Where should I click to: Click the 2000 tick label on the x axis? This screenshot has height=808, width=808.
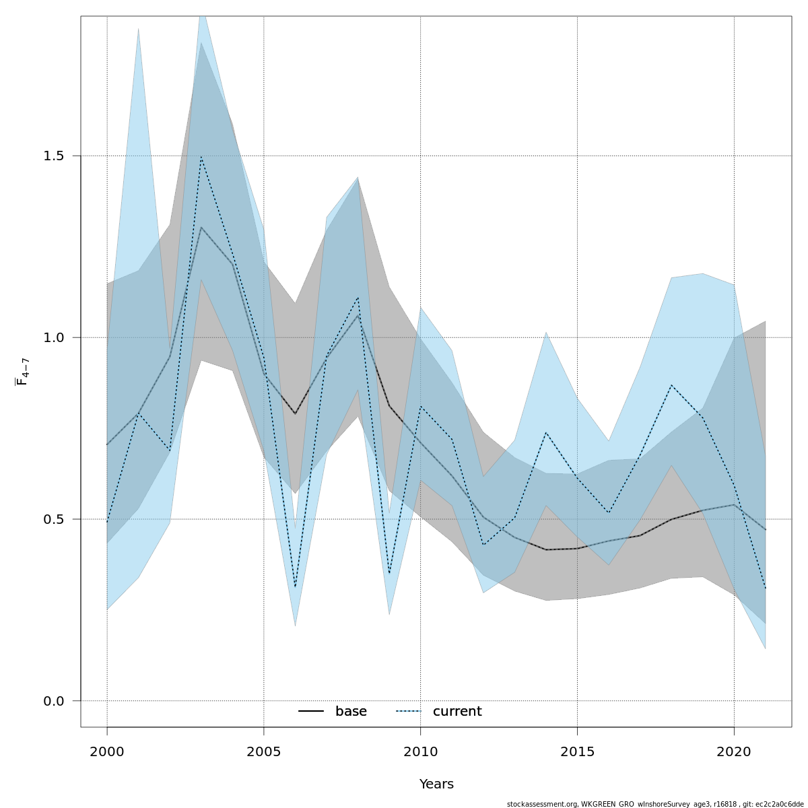coord(107,752)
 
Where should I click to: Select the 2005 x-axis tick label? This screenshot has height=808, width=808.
coord(264,752)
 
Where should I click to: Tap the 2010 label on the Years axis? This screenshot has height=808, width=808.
coord(420,752)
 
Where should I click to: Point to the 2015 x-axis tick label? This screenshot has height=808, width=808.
coord(577,752)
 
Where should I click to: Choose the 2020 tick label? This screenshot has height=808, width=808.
coord(734,752)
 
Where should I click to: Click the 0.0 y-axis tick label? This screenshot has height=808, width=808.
coord(54,701)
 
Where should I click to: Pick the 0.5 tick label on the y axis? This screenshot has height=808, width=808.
coord(54,519)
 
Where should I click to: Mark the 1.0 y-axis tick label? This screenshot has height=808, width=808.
coord(54,337)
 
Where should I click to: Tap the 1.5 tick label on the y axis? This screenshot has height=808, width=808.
coord(54,156)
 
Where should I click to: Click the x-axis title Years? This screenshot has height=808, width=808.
coord(436,784)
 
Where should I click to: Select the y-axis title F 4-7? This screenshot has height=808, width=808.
coord(22,372)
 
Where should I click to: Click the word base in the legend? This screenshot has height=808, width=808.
coord(351,712)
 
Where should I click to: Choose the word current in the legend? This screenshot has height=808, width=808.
coord(457,712)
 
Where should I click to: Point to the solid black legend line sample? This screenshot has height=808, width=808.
coord(311,712)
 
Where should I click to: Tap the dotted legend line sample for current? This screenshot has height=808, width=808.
coord(408,712)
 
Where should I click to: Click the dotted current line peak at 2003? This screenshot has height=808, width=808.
coord(201,157)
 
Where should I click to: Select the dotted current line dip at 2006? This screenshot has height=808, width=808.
coord(295,587)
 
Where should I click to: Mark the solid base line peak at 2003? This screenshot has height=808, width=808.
coord(201,228)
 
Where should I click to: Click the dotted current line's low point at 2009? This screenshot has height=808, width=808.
coord(389,574)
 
